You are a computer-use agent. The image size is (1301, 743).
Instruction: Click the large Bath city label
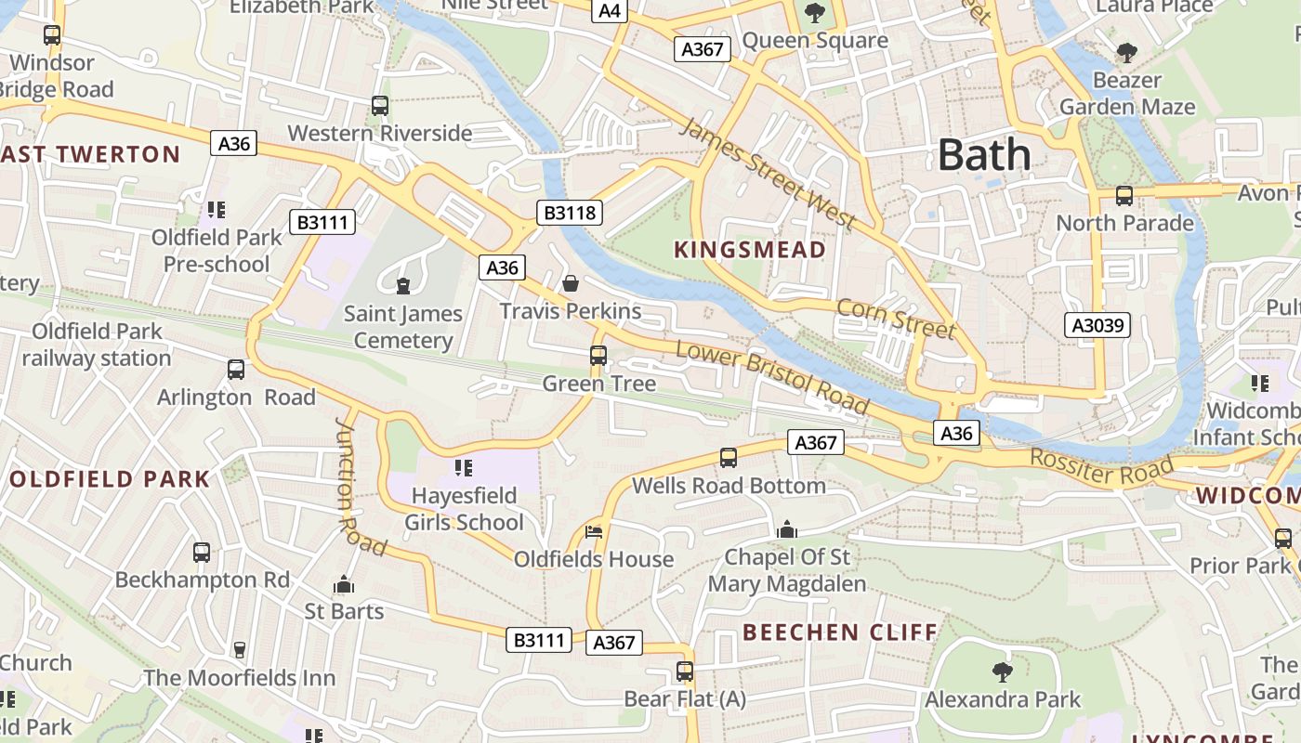(984, 154)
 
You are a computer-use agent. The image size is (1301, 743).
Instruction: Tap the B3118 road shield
(570, 213)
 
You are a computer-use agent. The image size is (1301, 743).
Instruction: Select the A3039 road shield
(1097, 325)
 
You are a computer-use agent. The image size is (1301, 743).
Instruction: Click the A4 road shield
(610, 10)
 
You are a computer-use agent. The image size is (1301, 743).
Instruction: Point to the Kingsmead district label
(749, 250)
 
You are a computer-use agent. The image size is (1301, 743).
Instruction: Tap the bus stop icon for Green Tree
(598, 356)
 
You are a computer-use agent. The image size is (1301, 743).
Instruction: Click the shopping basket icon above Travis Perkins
(571, 282)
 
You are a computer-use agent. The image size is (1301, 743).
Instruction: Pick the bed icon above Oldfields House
(594, 532)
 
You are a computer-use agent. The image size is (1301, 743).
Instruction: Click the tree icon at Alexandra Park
(1002, 671)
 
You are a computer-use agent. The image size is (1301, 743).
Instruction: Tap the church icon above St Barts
(344, 584)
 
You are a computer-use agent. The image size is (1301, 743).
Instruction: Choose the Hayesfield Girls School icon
(464, 467)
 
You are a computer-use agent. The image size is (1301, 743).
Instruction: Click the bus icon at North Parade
(1124, 196)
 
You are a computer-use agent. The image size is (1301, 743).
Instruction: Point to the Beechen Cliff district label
(840, 632)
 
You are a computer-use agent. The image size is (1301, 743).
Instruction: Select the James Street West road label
(767, 174)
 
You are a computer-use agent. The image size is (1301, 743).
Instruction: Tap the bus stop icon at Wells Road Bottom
(729, 458)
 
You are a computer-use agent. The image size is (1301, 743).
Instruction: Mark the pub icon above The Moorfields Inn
(240, 649)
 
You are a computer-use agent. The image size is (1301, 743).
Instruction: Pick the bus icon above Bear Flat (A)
(685, 671)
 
